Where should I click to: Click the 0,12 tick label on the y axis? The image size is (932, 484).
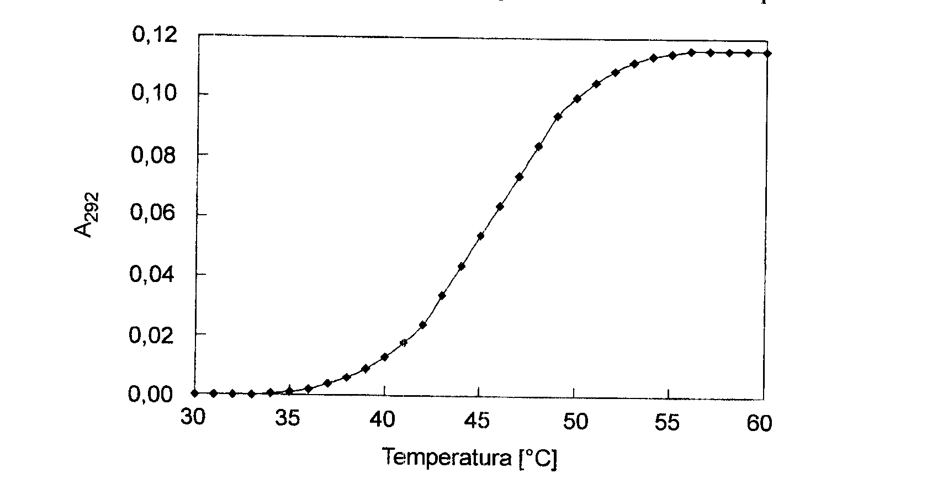coord(154,35)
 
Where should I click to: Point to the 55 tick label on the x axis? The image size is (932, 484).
coord(667,423)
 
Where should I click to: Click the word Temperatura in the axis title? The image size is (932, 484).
coord(447,458)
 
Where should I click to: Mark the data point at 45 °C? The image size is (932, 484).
coord(480,236)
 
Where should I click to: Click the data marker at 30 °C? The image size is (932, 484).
coord(194,393)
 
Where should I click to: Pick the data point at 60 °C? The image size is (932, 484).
coord(767,54)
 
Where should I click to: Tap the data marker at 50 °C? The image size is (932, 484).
coord(578,99)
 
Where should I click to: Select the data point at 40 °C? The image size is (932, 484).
coord(385,357)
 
